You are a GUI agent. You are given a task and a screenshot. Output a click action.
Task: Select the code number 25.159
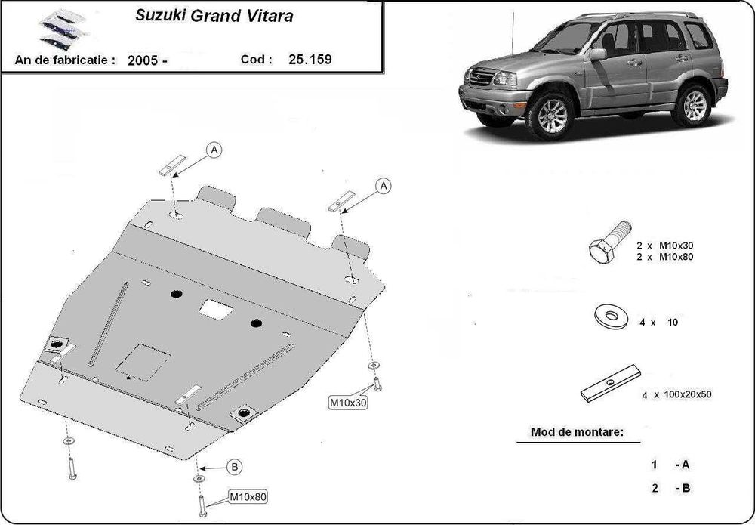[310, 58]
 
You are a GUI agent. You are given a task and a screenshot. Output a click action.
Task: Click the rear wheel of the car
[692, 105]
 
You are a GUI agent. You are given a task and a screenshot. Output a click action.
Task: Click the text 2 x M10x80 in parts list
[664, 257]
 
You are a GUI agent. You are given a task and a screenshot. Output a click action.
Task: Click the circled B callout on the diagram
[235, 468]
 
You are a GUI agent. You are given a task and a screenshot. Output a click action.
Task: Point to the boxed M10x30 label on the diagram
[347, 403]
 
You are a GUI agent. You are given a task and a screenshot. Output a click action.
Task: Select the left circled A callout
[214, 150]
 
